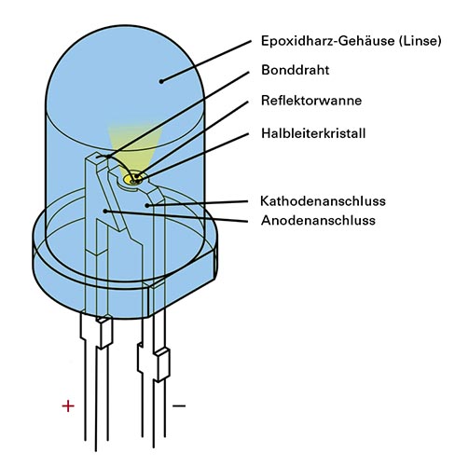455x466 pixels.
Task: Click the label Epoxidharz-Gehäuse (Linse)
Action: [x=351, y=41]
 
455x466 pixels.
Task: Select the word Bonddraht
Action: [x=295, y=70]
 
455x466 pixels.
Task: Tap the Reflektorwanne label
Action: [x=311, y=101]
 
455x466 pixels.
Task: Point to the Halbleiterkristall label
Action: [x=313, y=133]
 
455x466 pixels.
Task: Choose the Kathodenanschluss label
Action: [x=323, y=201]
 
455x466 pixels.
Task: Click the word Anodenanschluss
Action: [x=318, y=220]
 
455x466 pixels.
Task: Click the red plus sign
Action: [x=68, y=405]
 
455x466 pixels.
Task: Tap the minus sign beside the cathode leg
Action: [x=179, y=405]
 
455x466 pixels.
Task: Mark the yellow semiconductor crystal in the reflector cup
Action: [x=132, y=179]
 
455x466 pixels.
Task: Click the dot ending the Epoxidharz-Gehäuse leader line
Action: [x=161, y=81]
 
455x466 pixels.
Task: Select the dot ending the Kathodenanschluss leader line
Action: [x=147, y=205]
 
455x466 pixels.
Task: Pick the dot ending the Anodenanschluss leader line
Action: [x=105, y=211]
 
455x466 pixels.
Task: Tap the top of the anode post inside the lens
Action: [x=97, y=157]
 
